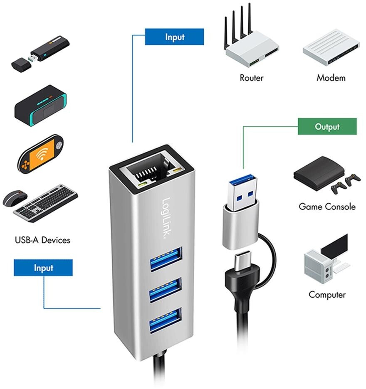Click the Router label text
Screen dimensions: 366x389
[x=252, y=78]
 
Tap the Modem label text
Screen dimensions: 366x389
[x=331, y=78]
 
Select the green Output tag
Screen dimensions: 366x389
[x=327, y=127]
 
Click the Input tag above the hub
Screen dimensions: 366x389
[x=174, y=37]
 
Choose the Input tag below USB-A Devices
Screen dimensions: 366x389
[x=43, y=268]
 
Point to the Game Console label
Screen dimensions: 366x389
[x=327, y=207]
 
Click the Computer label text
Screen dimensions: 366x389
[x=327, y=295]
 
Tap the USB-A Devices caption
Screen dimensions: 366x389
[x=42, y=240]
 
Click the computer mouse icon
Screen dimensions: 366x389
[x=15, y=198]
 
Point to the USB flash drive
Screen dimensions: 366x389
[x=42, y=52]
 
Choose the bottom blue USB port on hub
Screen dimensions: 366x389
[x=166, y=320]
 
